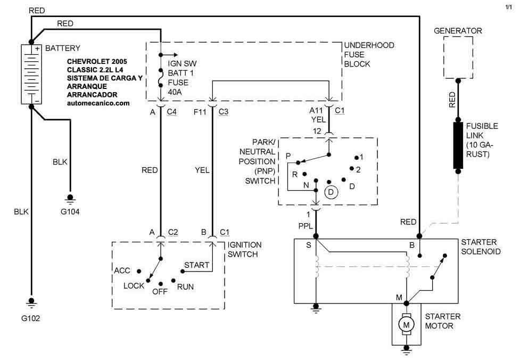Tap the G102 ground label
tap(31, 318)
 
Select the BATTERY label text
tap(63, 48)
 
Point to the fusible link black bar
tap(457, 145)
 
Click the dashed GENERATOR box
tap(457, 59)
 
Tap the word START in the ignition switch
tap(196, 265)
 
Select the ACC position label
tap(122, 271)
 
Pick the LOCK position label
tap(134, 286)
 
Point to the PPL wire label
tap(305, 226)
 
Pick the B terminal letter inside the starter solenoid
tap(411, 245)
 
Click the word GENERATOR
tap(458, 31)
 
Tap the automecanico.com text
tap(98, 103)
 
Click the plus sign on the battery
tap(38, 48)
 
